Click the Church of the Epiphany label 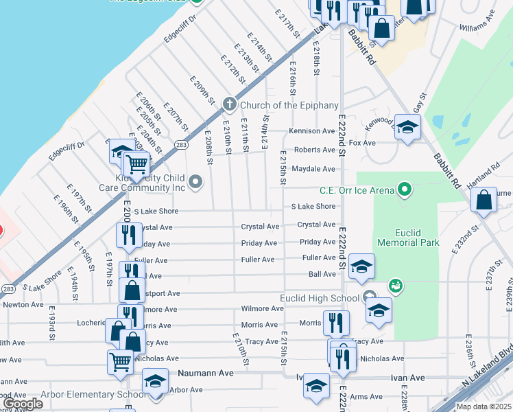click(x=289, y=105)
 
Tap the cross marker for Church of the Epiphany click(x=229, y=105)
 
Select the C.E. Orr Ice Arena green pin click(x=405, y=188)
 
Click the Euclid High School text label click(x=319, y=297)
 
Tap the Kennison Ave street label click(x=311, y=130)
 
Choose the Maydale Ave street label click(x=313, y=168)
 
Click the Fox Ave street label click(x=362, y=143)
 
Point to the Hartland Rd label click(x=485, y=179)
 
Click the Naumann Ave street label click(x=206, y=373)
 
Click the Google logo click(x=23, y=404)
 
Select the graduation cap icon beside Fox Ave click(x=407, y=128)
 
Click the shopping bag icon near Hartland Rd click(x=484, y=200)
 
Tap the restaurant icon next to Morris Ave click(x=336, y=321)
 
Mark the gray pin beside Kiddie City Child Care click(x=196, y=182)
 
